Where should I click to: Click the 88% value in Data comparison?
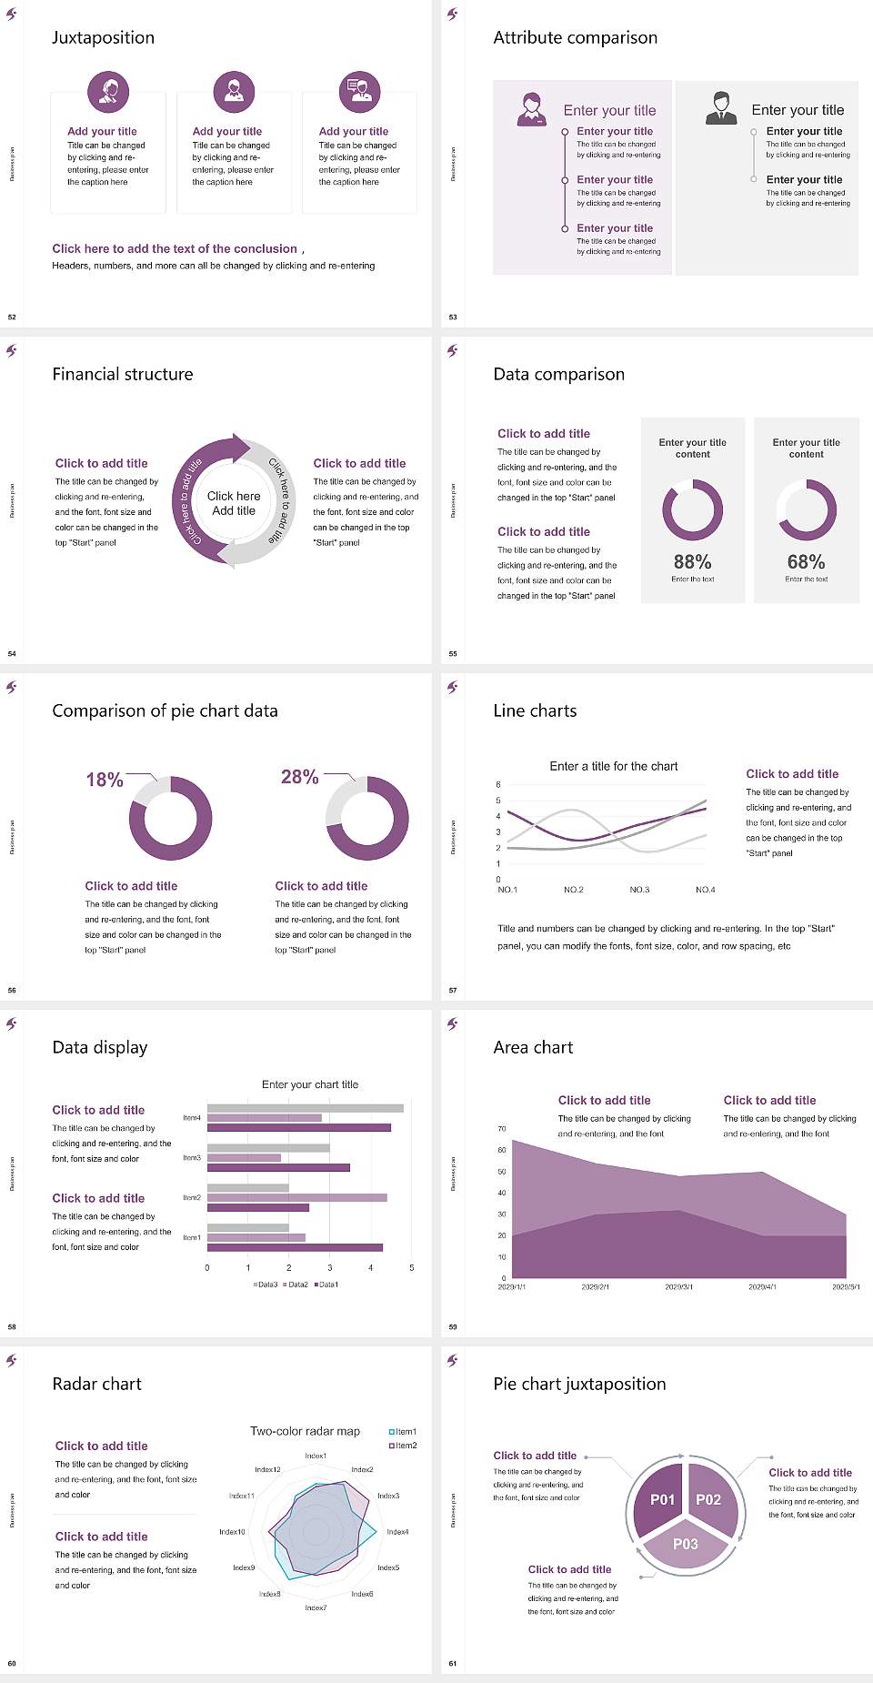pos(692,562)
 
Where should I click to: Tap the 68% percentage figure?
pos(806,562)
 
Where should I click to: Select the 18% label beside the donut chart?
pos(105,781)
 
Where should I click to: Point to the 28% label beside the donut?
pos(299,777)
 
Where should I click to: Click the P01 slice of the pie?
pos(662,1499)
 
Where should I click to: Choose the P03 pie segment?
pos(686,1544)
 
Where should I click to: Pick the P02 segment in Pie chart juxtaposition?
pos(708,1499)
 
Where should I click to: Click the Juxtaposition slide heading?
pos(103,37)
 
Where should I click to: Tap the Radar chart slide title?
pos(96,1384)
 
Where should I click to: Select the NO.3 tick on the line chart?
pos(639,890)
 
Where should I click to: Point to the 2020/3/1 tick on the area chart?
pos(678,1287)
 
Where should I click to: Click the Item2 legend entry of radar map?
pos(404,1446)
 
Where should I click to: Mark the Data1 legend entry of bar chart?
pos(326,1285)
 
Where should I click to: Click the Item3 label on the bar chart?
pos(192,1158)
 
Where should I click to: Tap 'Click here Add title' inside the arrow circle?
pos(234,503)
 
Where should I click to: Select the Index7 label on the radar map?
pos(316,1608)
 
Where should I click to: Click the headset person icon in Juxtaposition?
pos(108,90)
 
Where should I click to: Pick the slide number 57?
pos(453,990)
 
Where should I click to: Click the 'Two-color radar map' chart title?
pos(305,1431)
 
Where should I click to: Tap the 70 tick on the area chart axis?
pos(502,1129)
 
